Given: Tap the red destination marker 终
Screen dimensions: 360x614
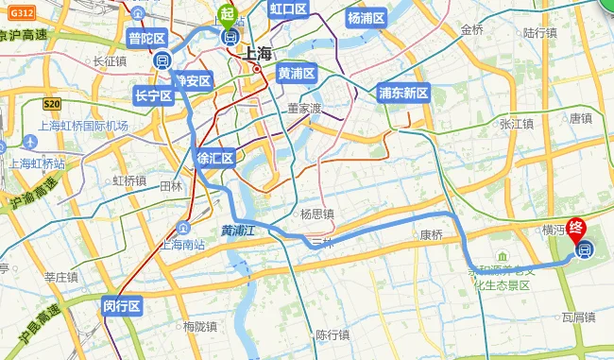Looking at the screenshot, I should [x=578, y=229].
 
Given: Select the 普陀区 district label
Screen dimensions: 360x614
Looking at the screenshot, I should [x=147, y=39].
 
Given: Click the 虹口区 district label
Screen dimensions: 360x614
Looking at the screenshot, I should [x=289, y=9].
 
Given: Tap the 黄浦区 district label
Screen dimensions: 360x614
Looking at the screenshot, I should [x=296, y=73].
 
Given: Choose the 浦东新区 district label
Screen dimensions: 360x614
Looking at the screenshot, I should [x=403, y=93].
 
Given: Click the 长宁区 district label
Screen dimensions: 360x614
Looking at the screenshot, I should [x=153, y=95].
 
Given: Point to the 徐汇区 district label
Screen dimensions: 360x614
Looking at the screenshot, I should [x=214, y=158].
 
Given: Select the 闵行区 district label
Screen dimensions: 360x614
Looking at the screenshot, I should [x=122, y=305].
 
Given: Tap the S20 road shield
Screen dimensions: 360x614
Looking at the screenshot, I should [x=51, y=104].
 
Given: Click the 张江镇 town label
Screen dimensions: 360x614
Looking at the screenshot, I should [x=517, y=123].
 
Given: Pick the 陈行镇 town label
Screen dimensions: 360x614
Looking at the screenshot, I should [x=333, y=334].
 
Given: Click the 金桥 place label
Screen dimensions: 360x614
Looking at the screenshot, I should [x=471, y=29].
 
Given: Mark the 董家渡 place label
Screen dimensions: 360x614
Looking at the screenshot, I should [x=305, y=108].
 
